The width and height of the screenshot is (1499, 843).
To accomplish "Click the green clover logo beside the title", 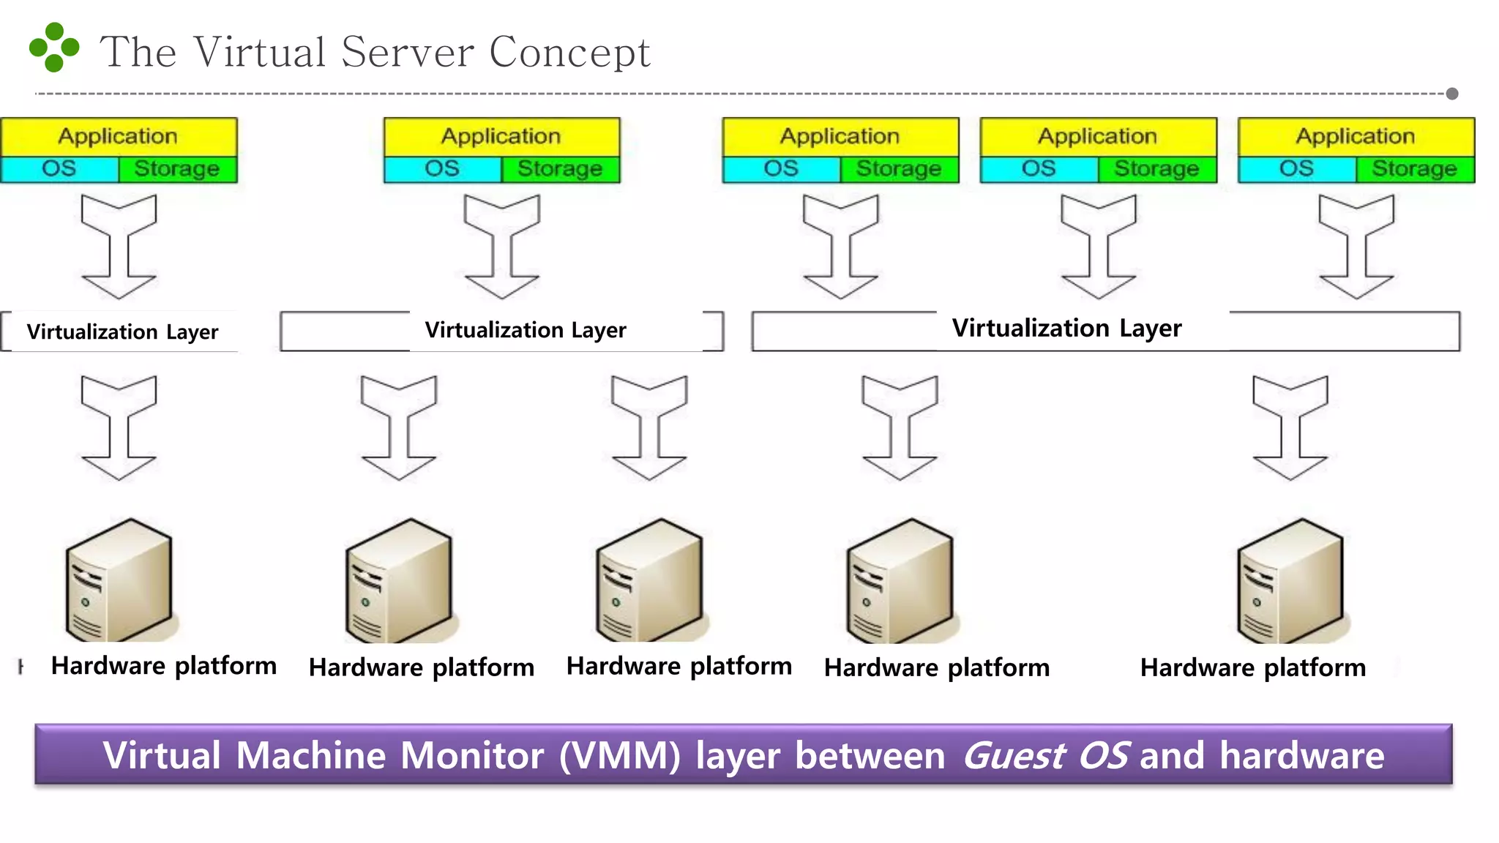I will click(53, 48).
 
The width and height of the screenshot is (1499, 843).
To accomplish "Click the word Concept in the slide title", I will click(569, 53).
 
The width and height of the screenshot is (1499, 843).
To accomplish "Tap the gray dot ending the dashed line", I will click(1452, 94).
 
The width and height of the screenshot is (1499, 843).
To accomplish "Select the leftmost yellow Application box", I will click(119, 136).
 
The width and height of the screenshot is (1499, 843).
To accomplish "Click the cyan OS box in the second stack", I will click(442, 169).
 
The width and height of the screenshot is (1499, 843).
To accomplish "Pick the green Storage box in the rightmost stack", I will click(1414, 169).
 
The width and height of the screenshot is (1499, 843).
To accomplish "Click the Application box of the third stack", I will click(840, 136).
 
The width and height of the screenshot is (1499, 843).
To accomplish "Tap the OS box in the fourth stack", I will click(1039, 169).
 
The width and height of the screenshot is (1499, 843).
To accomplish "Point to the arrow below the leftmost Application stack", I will click(119, 246).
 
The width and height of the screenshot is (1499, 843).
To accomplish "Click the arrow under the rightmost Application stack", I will click(1356, 246).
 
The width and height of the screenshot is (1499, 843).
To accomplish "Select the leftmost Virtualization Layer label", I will click(122, 332).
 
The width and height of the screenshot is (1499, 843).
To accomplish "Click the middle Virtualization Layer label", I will click(526, 330).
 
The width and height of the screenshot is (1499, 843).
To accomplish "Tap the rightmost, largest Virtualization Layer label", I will click(1066, 328).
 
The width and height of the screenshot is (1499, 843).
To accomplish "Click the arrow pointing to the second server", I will click(399, 427).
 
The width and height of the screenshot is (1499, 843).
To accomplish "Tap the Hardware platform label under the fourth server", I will click(937, 667).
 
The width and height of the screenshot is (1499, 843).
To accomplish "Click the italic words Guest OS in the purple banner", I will click(1045, 756).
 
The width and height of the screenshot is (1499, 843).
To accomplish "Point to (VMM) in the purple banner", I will click(620, 756).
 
